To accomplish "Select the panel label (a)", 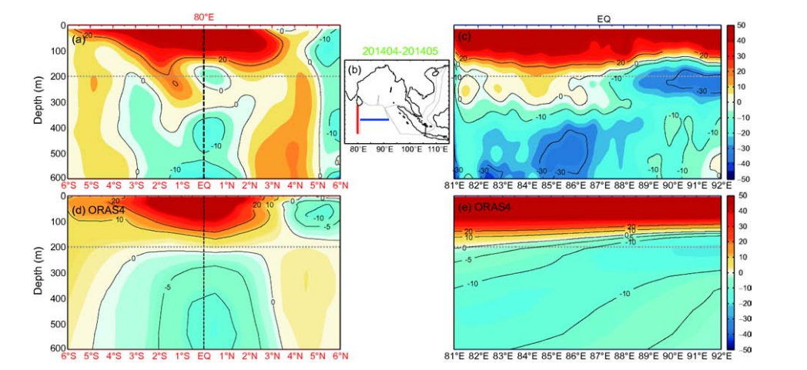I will click(x=79, y=38).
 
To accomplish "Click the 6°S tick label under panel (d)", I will click(x=68, y=356).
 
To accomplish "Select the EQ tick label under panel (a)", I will click(x=203, y=185).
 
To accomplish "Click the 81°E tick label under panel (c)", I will click(x=454, y=185).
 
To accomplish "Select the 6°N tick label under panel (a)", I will click(x=339, y=185).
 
